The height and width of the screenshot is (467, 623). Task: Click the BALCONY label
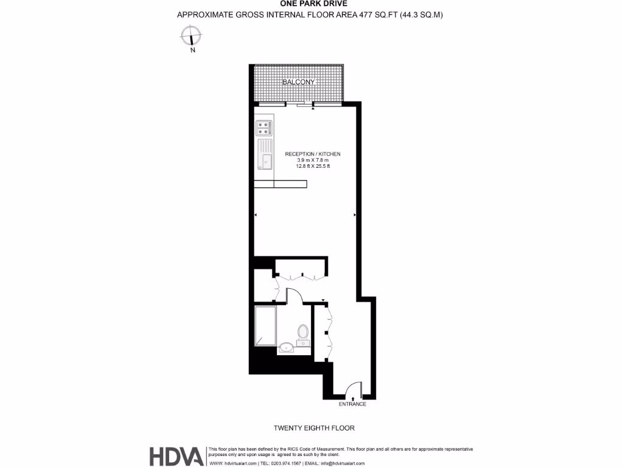(298, 81)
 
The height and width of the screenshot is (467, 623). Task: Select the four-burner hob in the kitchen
(264, 128)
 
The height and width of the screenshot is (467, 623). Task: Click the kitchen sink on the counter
(265, 153)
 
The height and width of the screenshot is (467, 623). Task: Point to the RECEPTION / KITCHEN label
(313, 154)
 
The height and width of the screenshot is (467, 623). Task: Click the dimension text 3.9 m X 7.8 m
(313, 160)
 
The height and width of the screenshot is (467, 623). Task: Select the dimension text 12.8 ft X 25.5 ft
(313, 166)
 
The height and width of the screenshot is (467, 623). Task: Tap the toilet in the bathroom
(303, 333)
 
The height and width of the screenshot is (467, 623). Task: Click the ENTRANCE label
(352, 404)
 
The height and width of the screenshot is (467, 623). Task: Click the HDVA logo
(177, 456)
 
